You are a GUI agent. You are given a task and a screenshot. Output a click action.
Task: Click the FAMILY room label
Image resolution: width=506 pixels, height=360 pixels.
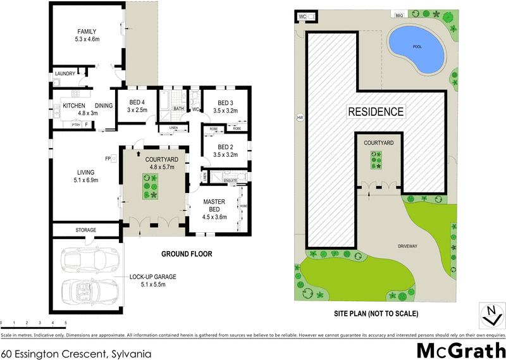click(x=87, y=31)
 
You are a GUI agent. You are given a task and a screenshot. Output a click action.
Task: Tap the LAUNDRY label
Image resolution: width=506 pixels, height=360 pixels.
click(x=65, y=74)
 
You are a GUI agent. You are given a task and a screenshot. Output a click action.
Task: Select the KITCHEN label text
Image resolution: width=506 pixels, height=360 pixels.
click(x=73, y=106)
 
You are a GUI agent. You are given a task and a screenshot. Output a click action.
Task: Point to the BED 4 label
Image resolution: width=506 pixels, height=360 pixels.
click(x=138, y=102)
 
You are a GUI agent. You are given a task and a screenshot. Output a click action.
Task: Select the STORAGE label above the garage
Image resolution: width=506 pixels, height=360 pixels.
click(x=85, y=230)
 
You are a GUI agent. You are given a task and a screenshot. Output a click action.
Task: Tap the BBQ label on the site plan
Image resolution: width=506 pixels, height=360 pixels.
click(x=398, y=15)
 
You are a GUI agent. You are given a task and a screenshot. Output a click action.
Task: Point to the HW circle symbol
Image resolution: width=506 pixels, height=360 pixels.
click(x=299, y=117)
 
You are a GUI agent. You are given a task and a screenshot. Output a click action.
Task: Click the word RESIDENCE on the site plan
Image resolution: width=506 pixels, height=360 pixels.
click(x=375, y=112)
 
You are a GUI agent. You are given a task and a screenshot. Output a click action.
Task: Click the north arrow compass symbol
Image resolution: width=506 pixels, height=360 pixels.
click(x=489, y=312)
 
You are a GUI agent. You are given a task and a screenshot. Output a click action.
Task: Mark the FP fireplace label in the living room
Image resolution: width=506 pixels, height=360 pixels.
click(x=108, y=158)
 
